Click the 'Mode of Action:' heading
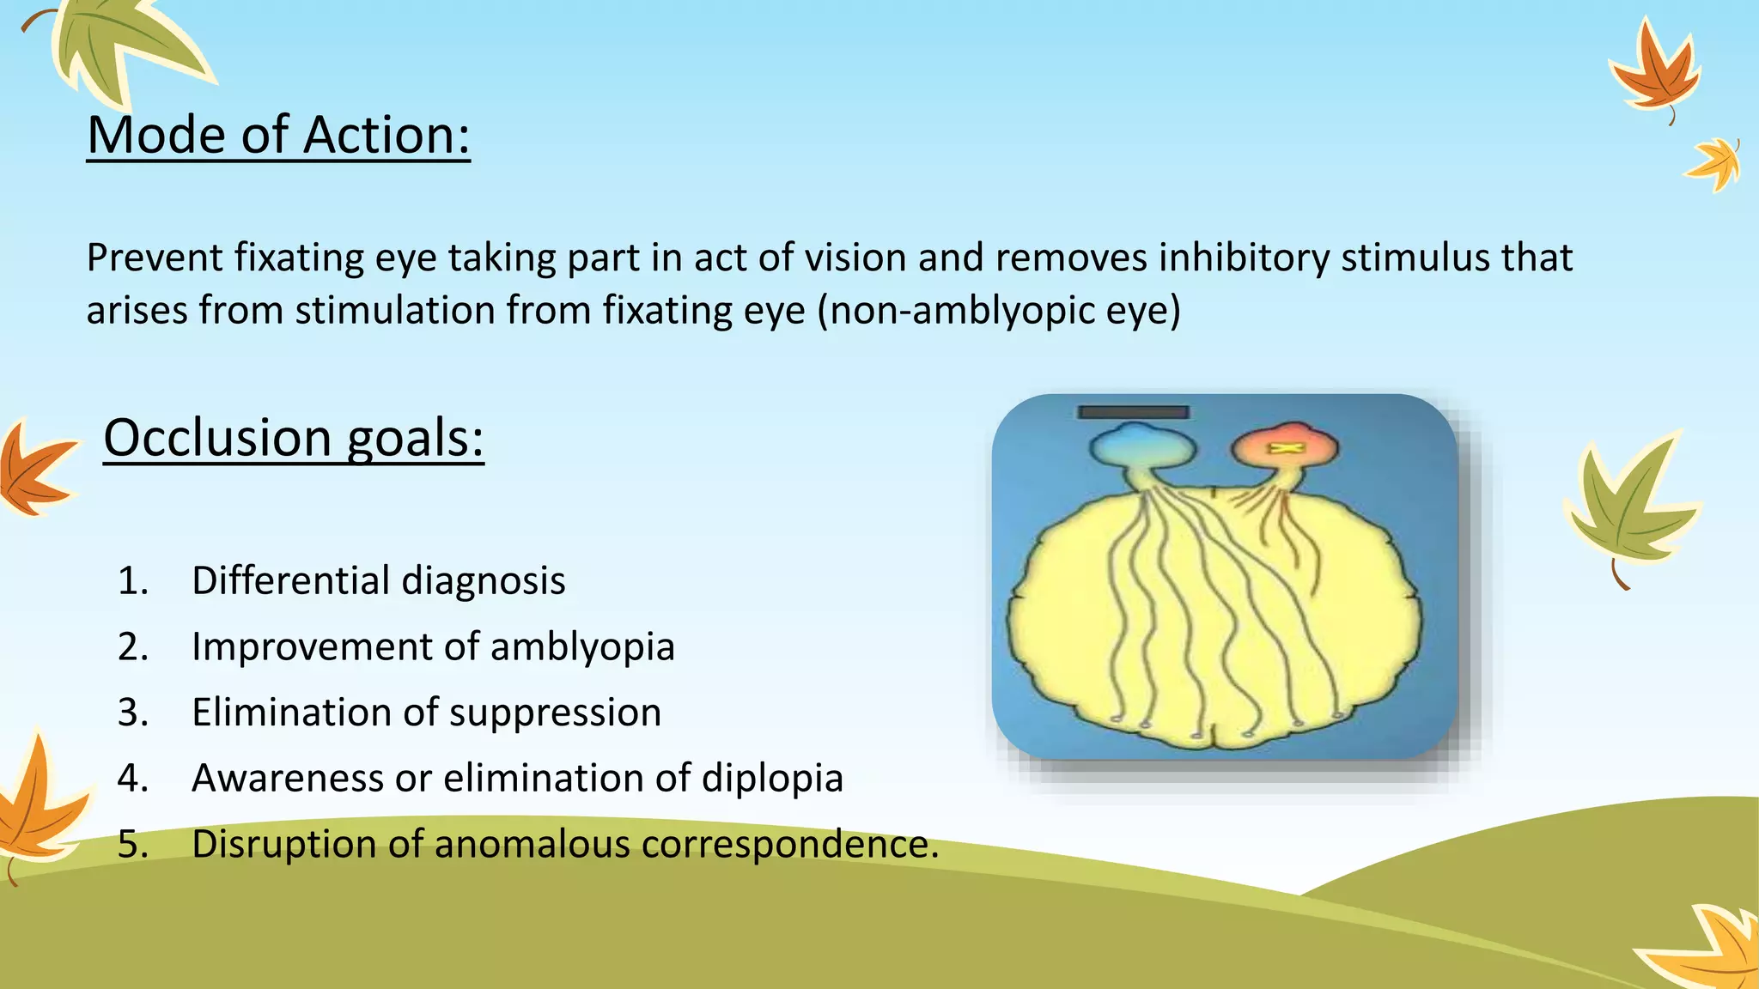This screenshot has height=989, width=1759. pyautogui.click(x=278, y=135)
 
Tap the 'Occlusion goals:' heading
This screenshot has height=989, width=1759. pyautogui.click(x=294, y=438)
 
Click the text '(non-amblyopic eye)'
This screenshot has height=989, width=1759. pyautogui.click(x=998, y=310)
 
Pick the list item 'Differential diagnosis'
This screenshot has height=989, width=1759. pyautogui.click(x=378, y=580)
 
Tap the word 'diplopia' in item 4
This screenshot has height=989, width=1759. pyautogui.click(x=771, y=778)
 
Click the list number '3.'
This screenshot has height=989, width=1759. pyautogui.click(x=133, y=713)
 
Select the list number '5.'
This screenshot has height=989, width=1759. pyautogui.click(x=133, y=844)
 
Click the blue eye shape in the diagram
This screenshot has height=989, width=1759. pyautogui.click(x=1141, y=446)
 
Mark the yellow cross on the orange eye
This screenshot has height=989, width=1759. pyautogui.click(x=1285, y=448)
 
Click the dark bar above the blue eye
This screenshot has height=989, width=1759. pyautogui.click(x=1134, y=412)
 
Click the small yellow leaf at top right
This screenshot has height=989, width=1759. pyautogui.click(x=1714, y=163)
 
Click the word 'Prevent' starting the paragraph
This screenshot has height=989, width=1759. pyautogui.click(x=155, y=258)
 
